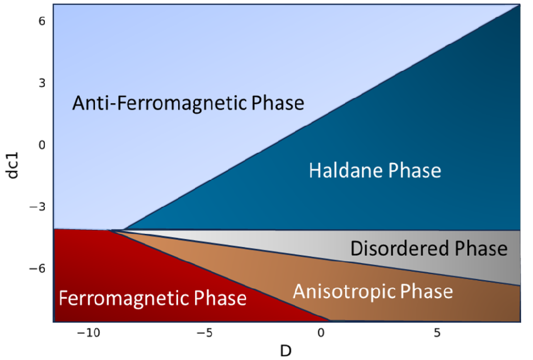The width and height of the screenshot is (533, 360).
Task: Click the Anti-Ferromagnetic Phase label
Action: (x=188, y=103)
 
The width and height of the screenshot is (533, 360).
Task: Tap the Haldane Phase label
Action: (x=375, y=171)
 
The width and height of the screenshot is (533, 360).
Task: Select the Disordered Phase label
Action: (x=429, y=248)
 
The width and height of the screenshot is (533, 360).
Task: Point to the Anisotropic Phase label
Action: (x=373, y=292)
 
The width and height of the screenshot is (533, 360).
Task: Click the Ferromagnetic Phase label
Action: (x=153, y=298)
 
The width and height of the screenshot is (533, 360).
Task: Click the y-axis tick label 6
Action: (x=42, y=21)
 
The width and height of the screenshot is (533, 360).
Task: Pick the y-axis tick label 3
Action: (x=42, y=83)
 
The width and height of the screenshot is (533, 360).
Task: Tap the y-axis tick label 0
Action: (x=42, y=145)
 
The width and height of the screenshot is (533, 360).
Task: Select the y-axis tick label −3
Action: (x=37, y=207)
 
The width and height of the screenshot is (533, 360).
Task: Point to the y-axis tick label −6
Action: (x=37, y=269)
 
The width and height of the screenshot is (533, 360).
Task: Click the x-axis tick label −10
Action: (x=89, y=333)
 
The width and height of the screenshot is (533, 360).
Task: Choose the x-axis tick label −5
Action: (x=205, y=333)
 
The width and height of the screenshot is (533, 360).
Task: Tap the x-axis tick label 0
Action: (x=321, y=333)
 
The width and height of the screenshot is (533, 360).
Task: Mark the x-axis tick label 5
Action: (x=437, y=333)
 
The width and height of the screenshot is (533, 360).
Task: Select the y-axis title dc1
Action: (x=13, y=165)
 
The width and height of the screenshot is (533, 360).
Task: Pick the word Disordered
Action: (x=399, y=248)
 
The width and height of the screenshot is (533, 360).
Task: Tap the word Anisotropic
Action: (x=344, y=292)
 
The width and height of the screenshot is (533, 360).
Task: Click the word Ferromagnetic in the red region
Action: (x=124, y=298)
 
